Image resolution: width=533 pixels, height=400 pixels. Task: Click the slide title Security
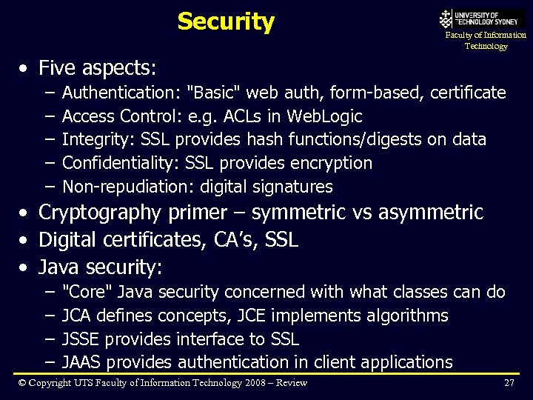(x=226, y=21)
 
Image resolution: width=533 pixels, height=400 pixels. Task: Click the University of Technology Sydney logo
(x=482, y=19)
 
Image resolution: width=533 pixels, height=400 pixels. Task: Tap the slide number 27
(x=509, y=383)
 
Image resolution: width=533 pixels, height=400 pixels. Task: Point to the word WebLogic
(x=324, y=116)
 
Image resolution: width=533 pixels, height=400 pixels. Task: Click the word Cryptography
(x=99, y=213)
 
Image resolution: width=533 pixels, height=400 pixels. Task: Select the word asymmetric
(x=430, y=213)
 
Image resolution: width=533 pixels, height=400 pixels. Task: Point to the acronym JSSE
(x=81, y=339)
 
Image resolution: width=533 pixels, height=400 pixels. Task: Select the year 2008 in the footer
(x=252, y=383)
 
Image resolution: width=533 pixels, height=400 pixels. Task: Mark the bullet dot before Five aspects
(x=25, y=69)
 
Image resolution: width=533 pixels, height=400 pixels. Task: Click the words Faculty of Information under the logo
(x=486, y=35)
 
